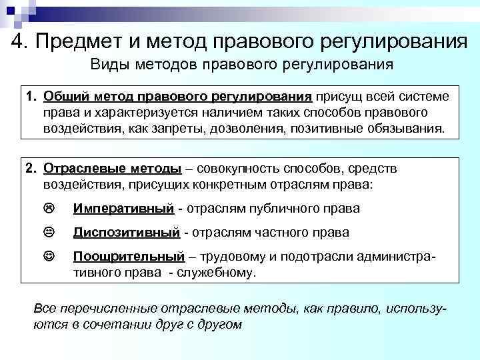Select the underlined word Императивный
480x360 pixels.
123,209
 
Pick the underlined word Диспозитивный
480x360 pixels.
127,233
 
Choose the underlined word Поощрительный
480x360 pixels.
129,257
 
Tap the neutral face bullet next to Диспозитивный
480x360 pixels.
49,233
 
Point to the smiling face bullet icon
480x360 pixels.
49,257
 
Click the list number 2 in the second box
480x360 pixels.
30,167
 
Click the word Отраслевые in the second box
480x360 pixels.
81,167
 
